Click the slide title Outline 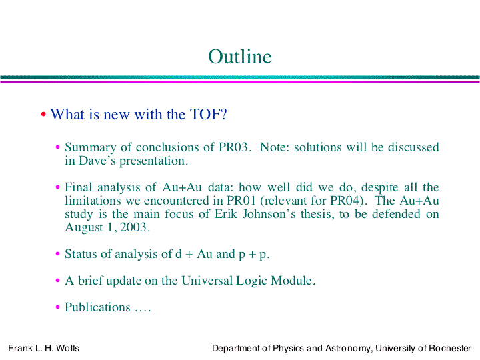240,57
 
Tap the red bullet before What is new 43,115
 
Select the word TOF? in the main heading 209,114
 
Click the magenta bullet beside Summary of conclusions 57,147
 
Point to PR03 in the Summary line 233,147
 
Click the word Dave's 97,161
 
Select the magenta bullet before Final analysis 57,187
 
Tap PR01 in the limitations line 241,201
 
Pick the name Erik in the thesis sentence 225,214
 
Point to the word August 84,228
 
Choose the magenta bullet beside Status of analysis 57,254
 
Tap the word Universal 207,281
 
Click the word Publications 97,307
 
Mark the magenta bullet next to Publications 57,307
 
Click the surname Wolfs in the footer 67,348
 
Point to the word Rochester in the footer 450,348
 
